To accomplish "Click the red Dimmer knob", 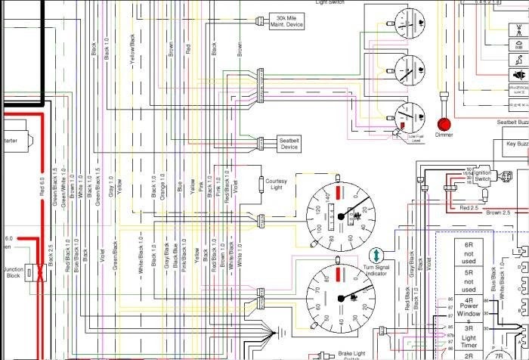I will point(444,123).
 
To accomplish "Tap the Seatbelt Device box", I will point(290,144).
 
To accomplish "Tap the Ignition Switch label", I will point(482,176).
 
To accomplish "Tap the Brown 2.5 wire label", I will point(496,213).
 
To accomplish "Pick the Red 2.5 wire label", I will point(469,207).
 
